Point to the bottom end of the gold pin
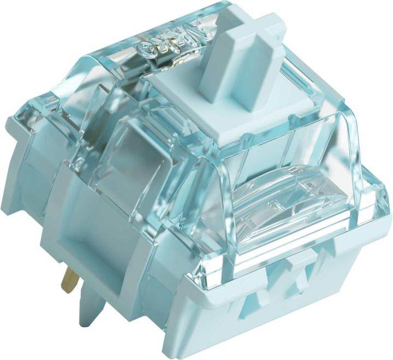(67, 290)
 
